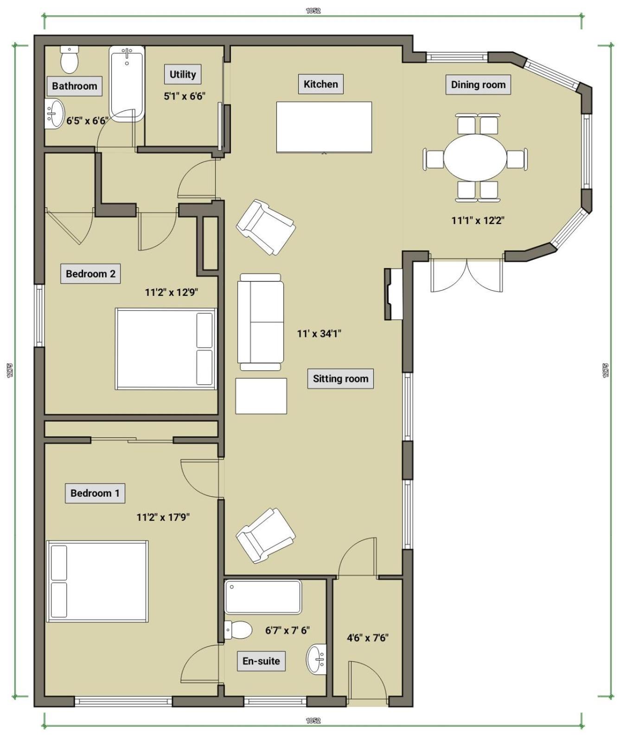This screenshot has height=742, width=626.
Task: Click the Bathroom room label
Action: click(74, 86)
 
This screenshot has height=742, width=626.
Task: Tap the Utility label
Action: click(183, 74)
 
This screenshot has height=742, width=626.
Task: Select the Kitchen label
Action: click(320, 84)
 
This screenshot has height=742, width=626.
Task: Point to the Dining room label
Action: click(478, 85)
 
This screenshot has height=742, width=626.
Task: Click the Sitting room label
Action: click(340, 379)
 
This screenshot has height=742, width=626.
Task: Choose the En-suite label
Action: click(261, 661)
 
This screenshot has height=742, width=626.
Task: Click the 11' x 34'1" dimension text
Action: click(319, 333)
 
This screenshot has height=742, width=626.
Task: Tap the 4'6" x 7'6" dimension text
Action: click(368, 638)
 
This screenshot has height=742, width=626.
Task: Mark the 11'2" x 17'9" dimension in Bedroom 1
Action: click(163, 517)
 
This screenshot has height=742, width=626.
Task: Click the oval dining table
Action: click(475, 158)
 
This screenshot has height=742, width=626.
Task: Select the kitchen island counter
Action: click(324, 127)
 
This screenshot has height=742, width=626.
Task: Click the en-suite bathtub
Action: click(263, 597)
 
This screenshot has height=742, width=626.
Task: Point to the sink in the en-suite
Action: click(316, 659)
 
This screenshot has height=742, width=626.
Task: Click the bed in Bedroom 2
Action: click(166, 349)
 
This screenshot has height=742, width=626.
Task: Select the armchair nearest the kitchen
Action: click(266, 227)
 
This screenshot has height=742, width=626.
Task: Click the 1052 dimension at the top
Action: click(313, 11)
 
